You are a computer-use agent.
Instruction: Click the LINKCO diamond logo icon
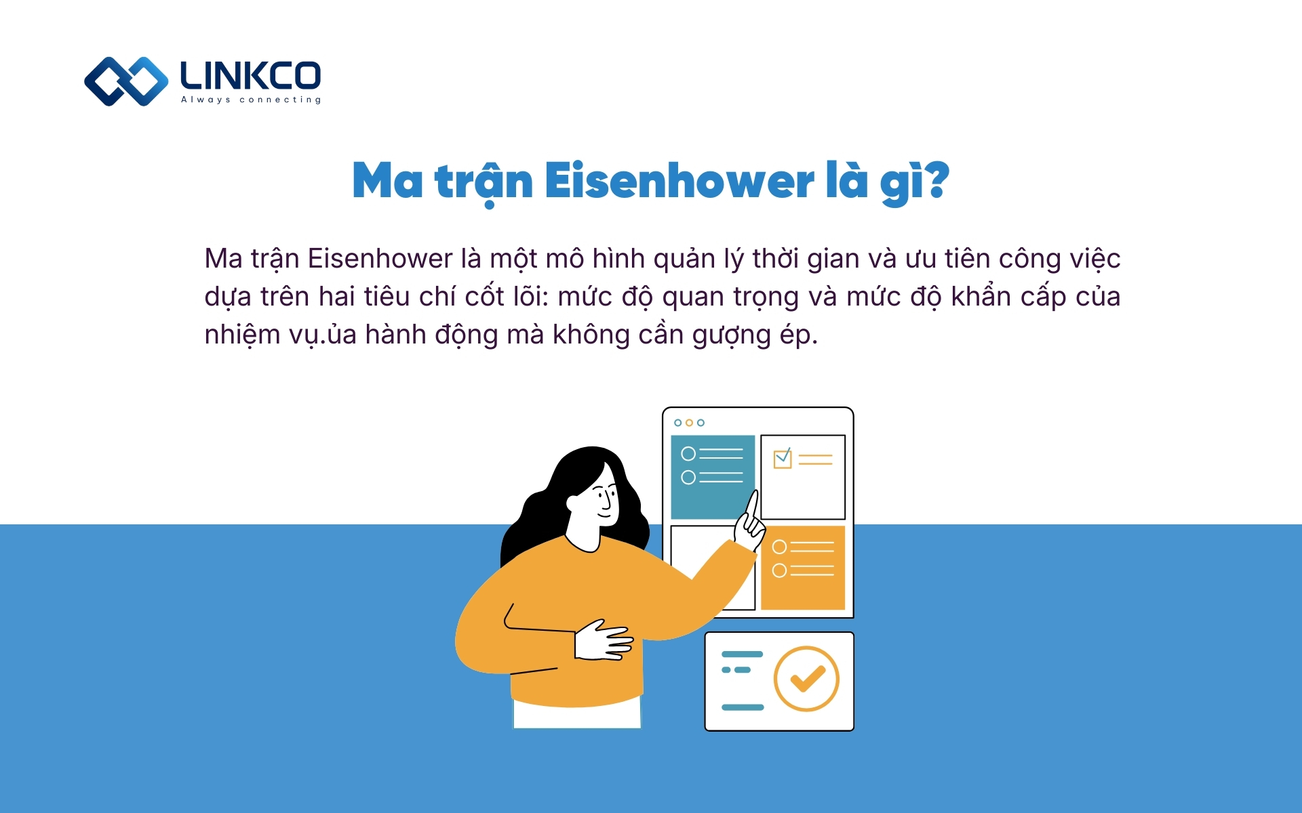pos(126,81)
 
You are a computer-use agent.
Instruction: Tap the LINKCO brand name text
pos(250,76)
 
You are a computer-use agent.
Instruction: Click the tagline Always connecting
pos(251,100)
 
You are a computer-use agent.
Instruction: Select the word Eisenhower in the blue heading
pos(679,182)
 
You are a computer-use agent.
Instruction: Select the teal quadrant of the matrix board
pos(712,477)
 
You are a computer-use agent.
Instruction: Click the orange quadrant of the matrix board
pos(803,568)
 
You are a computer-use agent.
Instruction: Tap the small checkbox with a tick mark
pos(783,459)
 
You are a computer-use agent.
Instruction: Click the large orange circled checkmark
pos(806,678)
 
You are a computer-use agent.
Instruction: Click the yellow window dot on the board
pos(689,423)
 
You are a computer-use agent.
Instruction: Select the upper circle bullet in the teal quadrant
pos(688,453)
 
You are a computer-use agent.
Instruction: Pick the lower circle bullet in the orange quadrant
pos(780,570)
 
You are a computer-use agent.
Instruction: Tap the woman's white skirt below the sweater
pos(576,715)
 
